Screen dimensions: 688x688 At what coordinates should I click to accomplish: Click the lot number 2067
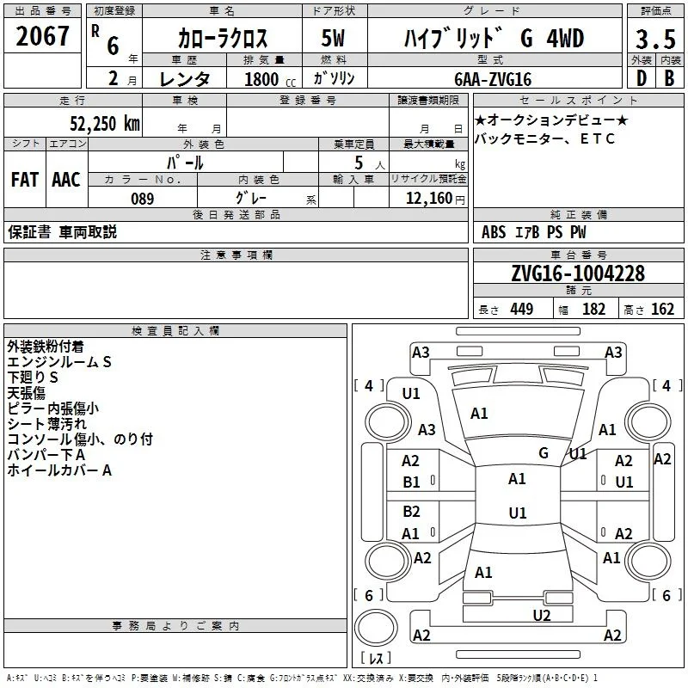click(42, 36)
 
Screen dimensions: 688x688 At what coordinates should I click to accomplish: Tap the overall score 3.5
click(655, 40)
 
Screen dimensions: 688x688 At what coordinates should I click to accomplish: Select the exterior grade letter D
click(642, 78)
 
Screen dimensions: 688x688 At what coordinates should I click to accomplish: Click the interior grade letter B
click(670, 78)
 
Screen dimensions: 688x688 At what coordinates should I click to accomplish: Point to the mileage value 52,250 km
click(105, 124)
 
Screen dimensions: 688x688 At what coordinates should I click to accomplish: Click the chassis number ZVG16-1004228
click(578, 273)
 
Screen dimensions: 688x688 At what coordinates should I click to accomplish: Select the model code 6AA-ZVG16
click(493, 79)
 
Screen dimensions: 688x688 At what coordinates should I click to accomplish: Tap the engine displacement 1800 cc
click(270, 79)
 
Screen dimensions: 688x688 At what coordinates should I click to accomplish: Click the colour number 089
click(143, 199)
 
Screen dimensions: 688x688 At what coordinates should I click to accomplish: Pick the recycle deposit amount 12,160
click(428, 199)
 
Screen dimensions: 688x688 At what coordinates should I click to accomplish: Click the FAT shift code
click(25, 180)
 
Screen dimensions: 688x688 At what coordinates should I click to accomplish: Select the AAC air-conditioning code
click(66, 180)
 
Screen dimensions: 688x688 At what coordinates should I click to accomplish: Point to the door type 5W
click(333, 38)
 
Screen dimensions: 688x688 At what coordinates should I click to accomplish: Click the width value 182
click(593, 310)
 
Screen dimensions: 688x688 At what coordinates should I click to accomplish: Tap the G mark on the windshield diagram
click(544, 452)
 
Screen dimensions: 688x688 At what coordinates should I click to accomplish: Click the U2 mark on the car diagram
click(542, 615)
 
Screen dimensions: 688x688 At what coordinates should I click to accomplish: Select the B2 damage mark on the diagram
click(411, 511)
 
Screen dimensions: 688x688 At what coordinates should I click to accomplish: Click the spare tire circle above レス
click(376, 628)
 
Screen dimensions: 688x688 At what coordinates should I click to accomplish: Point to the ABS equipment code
click(494, 232)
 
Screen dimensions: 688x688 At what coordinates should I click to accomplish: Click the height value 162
click(662, 310)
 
